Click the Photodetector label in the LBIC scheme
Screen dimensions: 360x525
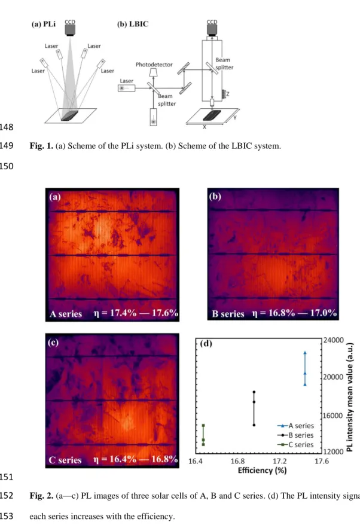click(154, 65)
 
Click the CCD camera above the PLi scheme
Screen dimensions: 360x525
click(70, 30)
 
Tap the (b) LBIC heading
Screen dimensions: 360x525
click(133, 24)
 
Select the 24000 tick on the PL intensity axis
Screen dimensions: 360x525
click(334, 340)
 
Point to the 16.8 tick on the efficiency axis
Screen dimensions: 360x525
click(237, 461)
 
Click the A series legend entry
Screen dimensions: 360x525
click(295, 426)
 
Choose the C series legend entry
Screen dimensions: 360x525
click(295, 445)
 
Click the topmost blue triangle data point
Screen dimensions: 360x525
click(305, 353)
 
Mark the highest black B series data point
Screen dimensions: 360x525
click(254, 392)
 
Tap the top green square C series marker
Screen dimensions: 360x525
click(203, 426)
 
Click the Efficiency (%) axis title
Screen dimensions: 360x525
click(262, 471)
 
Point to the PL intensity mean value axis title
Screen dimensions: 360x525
click(350, 397)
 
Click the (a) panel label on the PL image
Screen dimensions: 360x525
click(55, 197)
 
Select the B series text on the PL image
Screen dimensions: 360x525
click(228, 314)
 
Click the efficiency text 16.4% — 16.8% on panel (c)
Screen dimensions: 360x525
click(136, 459)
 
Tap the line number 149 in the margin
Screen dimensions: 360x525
click(7, 146)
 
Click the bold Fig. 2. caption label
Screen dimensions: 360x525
click(41, 496)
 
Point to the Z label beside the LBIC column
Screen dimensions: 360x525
click(228, 94)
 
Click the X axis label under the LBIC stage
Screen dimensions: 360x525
click(205, 127)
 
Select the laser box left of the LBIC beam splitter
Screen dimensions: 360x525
click(127, 88)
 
